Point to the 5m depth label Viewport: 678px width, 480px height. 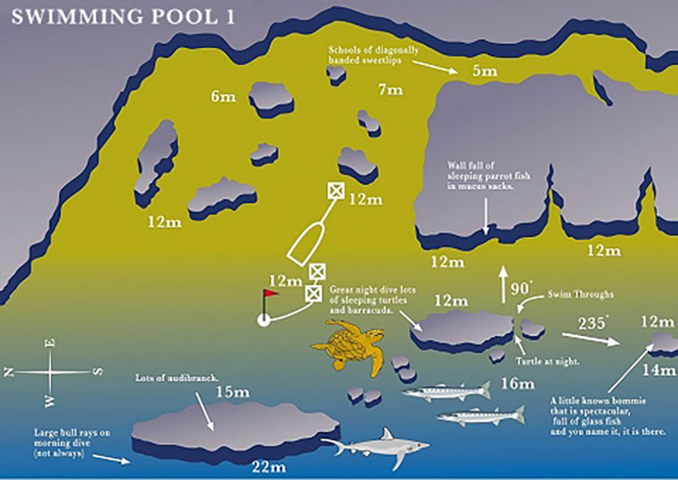click(x=485, y=71)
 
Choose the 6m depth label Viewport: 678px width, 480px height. click(x=223, y=97)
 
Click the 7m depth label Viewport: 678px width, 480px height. click(x=389, y=89)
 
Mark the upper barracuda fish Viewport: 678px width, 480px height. click(x=446, y=392)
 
